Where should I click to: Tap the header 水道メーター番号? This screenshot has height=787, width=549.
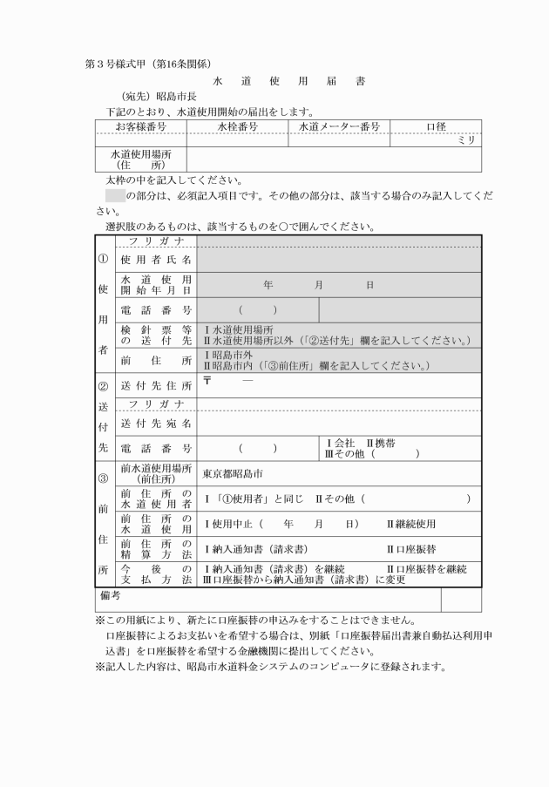point(338,127)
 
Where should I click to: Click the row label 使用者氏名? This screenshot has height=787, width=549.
point(156,259)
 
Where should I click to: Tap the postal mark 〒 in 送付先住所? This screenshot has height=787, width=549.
point(208,381)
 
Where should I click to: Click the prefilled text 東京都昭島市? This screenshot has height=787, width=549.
point(233,474)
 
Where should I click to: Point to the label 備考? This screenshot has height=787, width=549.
point(107,595)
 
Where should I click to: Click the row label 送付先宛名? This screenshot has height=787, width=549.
point(156,424)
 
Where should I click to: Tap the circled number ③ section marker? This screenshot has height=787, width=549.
point(103,477)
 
